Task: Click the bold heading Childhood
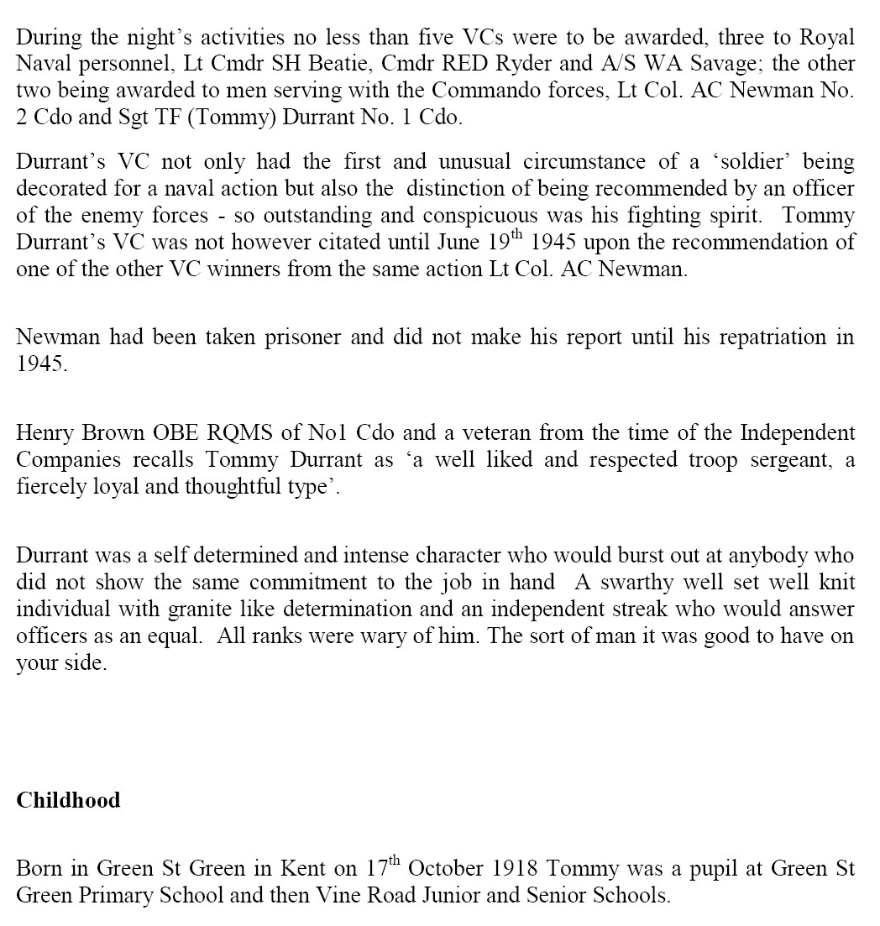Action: [x=68, y=800]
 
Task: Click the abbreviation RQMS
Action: [x=237, y=433]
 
